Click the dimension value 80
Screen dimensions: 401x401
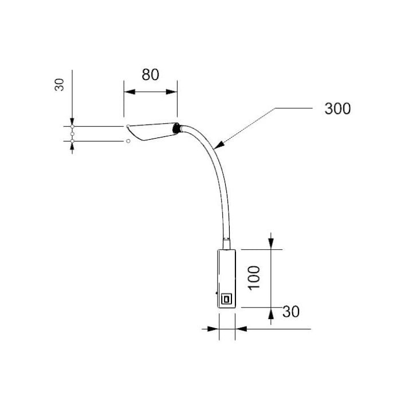click(150, 74)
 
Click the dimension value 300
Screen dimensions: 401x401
click(337, 108)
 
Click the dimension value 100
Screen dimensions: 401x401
click(254, 278)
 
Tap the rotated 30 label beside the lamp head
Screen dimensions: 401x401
click(60, 85)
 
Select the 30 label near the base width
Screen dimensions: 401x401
click(291, 312)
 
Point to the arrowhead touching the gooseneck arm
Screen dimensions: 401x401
click(219, 145)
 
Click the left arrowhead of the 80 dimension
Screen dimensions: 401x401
click(129, 92)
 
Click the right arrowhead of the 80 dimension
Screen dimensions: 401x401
click(172, 92)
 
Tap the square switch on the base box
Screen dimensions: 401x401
click(226, 298)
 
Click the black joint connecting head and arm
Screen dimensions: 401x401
click(176, 128)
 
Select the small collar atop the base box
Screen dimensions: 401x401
click(226, 243)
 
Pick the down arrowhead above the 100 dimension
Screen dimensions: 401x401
click(271, 243)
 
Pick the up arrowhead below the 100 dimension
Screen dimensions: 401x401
click(271, 313)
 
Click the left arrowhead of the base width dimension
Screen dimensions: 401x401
click(214, 329)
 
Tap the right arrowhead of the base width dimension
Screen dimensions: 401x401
click(241, 329)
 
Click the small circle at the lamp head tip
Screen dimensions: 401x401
click(128, 126)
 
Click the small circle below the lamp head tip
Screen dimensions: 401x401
click(128, 141)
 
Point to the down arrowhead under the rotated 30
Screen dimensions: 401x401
click(72, 121)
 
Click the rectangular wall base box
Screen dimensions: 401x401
click(226, 279)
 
